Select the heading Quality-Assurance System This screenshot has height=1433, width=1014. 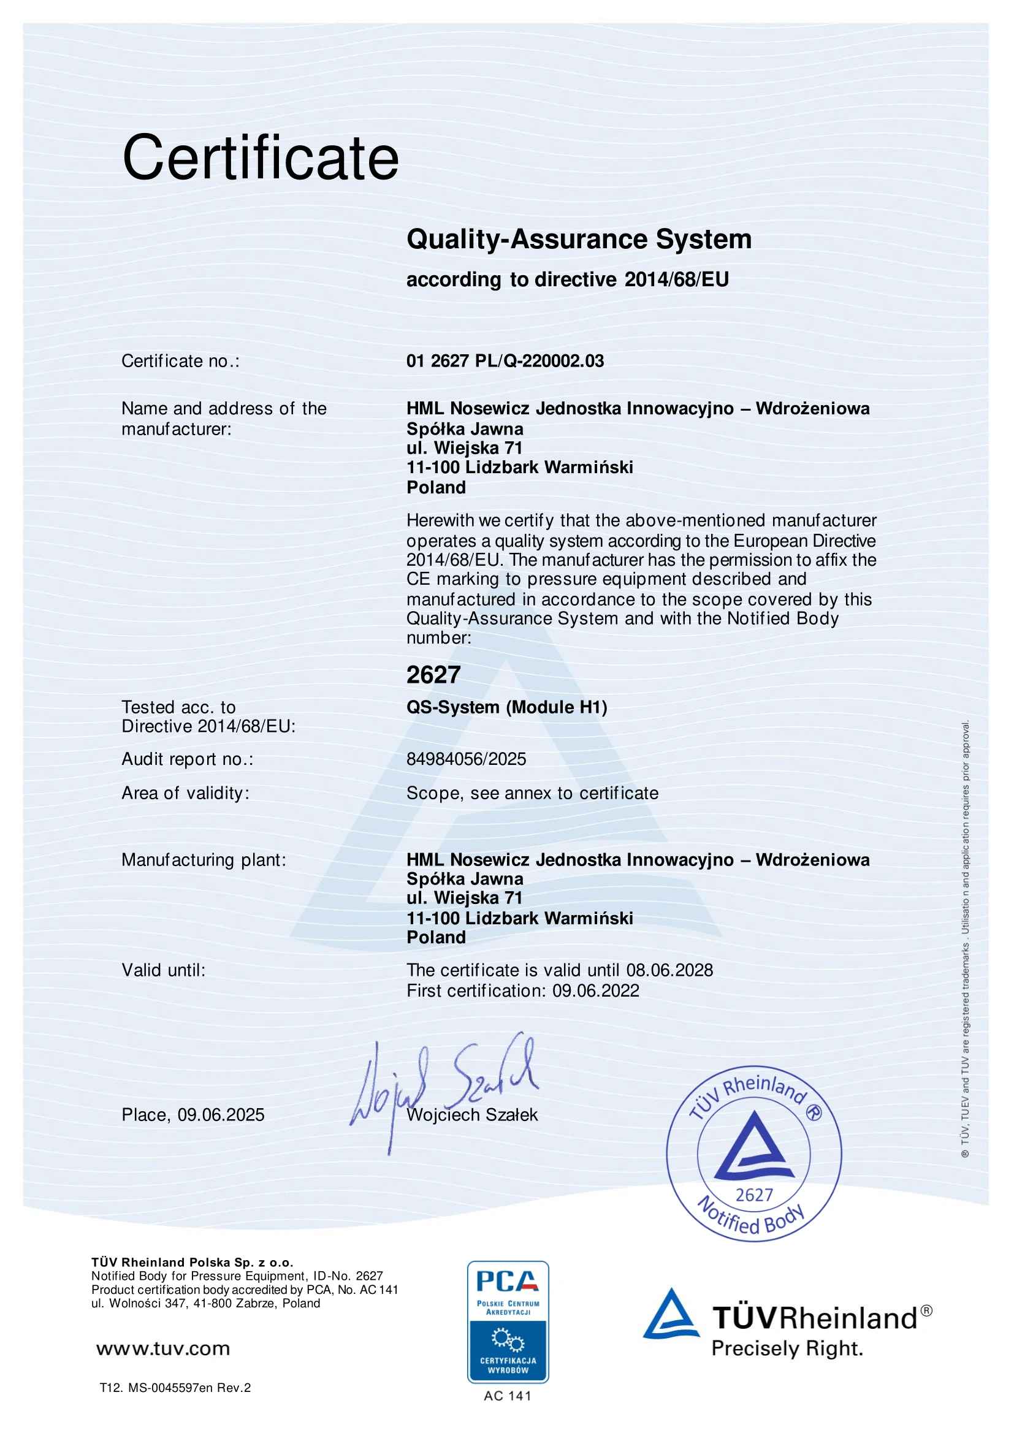(579, 240)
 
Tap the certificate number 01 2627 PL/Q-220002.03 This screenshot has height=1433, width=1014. (505, 361)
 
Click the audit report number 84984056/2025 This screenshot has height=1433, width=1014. (466, 759)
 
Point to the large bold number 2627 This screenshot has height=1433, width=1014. (433, 675)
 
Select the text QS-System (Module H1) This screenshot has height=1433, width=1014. (506, 707)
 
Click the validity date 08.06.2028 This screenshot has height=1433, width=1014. (669, 970)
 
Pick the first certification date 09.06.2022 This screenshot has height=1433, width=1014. (596, 990)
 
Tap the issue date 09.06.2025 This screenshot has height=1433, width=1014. (221, 1115)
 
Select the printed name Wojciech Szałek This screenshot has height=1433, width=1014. (472, 1116)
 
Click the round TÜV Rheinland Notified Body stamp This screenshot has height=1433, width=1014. (753, 1154)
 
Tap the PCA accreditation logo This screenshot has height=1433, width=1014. (508, 1321)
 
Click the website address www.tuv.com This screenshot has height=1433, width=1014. (163, 1349)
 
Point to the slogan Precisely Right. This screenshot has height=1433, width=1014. (787, 1350)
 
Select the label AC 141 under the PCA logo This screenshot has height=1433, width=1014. (507, 1396)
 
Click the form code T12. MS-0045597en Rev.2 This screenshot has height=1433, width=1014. (175, 1388)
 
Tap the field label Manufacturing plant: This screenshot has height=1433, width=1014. (204, 860)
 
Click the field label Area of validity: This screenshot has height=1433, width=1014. (185, 793)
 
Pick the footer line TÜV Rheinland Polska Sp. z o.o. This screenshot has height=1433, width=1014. (193, 1263)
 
